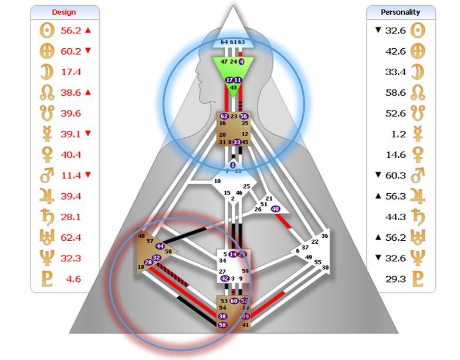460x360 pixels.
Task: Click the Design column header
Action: click(64, 12)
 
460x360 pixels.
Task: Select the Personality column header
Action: click(401, 12)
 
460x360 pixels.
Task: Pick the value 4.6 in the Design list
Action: click(69, 279)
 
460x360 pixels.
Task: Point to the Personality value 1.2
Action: click(398, 134)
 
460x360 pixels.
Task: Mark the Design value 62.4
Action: click(71, 238)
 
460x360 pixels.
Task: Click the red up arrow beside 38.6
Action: click(88, 92)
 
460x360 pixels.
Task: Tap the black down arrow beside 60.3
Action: click(378, 176)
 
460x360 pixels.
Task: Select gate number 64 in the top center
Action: click(224, 42)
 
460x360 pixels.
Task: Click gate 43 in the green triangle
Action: click(234, 87)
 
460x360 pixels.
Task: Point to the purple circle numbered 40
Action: click(276, 208)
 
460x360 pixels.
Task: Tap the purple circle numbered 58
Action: click(222, 324)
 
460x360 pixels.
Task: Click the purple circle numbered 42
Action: click(225, 278)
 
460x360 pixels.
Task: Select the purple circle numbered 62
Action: click(224, 116)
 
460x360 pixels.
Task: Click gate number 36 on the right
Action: click(324, 235)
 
